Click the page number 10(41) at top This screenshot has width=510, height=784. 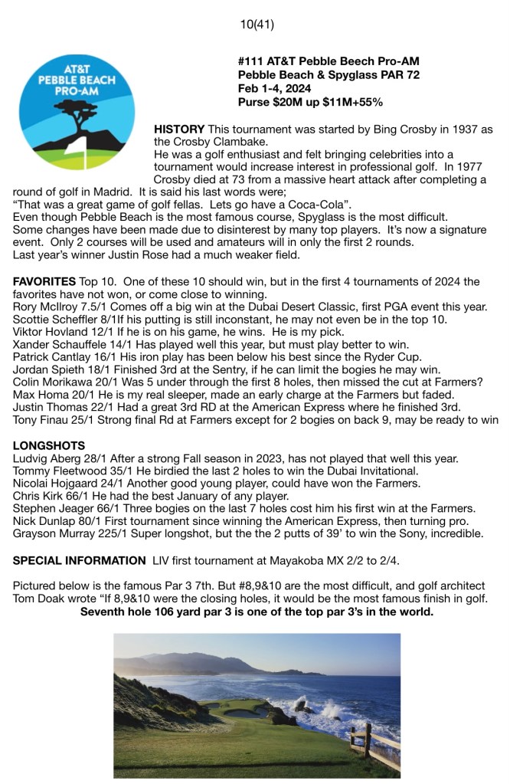click(257, 25)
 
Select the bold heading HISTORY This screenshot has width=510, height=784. click(179, 129)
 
